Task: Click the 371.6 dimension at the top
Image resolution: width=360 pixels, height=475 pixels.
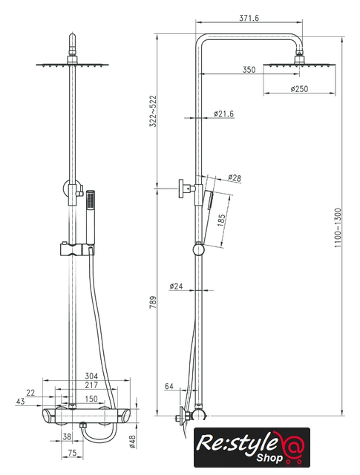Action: point(249,18)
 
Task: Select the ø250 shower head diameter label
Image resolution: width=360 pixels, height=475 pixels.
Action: point(299,89)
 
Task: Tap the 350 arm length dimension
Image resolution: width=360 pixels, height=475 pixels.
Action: point(249,70)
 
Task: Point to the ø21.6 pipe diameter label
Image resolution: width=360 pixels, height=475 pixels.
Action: point(223,114)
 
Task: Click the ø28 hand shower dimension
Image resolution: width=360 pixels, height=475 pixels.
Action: point(235,178)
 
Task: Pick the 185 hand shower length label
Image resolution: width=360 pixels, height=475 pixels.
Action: point(221,220)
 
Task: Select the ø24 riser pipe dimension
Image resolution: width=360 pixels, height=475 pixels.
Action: point(176,286)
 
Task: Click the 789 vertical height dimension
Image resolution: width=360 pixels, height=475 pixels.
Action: point(153,302)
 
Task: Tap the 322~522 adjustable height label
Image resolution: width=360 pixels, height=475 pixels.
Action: point(153,111)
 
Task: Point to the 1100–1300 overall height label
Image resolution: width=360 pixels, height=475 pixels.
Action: point(338,228)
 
